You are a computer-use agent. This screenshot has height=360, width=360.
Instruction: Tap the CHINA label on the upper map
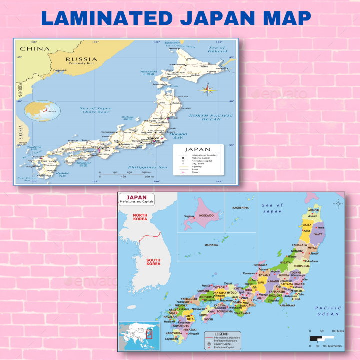tap(34, 49)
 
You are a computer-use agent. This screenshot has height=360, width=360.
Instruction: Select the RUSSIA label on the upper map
tap(81, 59)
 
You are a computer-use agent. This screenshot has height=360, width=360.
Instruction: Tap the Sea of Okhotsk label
tap(219, 49)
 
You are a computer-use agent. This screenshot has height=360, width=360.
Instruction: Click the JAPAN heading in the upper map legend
tap(198, 149)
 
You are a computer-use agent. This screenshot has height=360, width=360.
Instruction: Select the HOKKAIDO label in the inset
tap(206, 215)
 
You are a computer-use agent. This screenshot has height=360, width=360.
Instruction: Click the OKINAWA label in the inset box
tap(211, 245)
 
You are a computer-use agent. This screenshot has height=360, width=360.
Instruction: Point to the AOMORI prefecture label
tap(313, 211)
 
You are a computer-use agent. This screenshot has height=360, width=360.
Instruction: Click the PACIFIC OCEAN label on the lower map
tap(328, 311)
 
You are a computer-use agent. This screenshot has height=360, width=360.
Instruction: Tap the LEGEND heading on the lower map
tap(221, 333)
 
